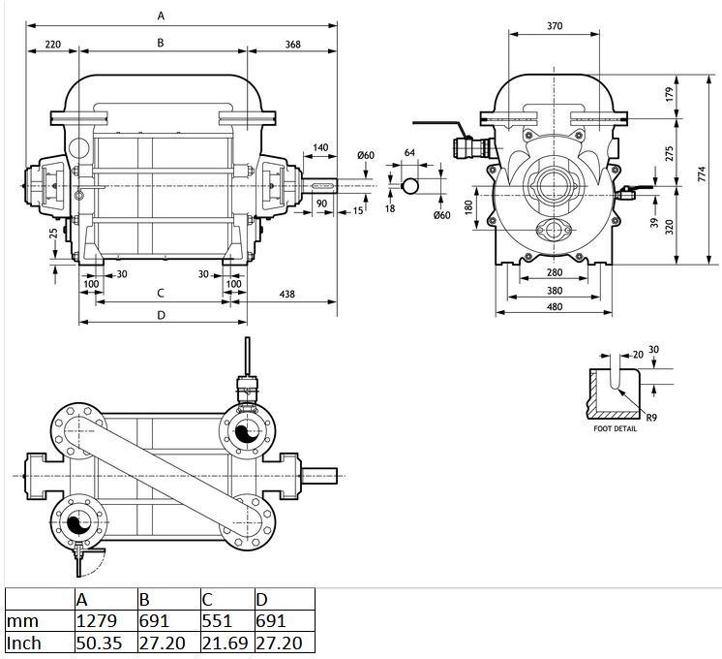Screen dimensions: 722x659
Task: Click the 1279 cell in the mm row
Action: (96, 621)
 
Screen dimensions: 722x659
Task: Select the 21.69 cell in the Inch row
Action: (226, 643)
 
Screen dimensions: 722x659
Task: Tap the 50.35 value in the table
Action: (99, 643)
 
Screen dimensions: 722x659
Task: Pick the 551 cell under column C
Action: (217, 621)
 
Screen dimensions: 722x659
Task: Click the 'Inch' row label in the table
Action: (24, 643)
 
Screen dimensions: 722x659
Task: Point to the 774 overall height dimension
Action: (702, 173)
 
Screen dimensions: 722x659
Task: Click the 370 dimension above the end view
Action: (555, 26)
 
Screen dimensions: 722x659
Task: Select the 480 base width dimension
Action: (555, 306)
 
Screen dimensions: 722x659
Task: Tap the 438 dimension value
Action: (286, 294)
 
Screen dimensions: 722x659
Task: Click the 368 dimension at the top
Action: (293, 45)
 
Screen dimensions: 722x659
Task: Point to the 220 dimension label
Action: (53, 45)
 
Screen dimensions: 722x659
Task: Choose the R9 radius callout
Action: (651, 418)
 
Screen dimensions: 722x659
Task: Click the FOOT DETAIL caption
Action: (616, 429)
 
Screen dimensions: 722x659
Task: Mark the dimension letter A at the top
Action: (161, 16)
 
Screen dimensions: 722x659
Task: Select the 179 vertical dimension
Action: (669, 95)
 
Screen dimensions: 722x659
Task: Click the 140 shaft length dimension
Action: (320, 147)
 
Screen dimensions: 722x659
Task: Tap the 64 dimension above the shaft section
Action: (409, 153)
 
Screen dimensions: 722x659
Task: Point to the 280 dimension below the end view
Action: (555, 272)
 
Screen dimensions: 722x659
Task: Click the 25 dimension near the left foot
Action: (54, 234)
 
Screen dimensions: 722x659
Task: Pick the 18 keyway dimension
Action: (390, 209)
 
